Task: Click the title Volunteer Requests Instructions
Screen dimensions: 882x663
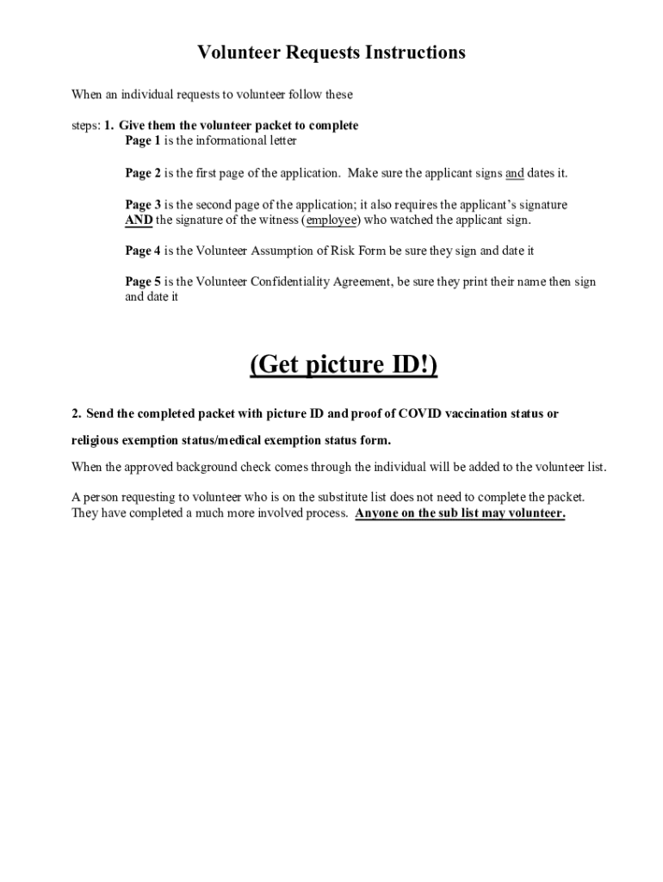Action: pos(331,53)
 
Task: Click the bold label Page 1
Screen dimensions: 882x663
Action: pos(143,140)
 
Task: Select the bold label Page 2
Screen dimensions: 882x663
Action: pos(143,173)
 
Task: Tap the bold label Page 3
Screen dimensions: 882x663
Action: pos(143,205)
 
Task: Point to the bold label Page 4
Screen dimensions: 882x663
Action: pos(143,251)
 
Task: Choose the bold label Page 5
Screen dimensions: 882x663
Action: pos(143,282)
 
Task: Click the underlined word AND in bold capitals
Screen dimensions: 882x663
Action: pos(139,220)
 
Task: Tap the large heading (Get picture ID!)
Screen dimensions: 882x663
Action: pos(344,365)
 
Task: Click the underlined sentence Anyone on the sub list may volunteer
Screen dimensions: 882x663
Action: pos(460,513)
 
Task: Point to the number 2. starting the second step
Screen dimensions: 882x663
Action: pos(77,413)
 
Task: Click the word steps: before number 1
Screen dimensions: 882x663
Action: pos(86,126)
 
